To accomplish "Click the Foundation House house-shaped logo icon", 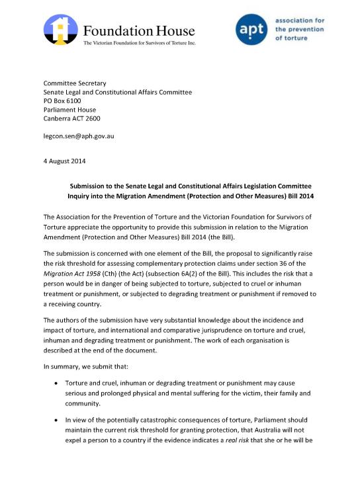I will click(60, 30).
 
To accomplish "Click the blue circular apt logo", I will click(253, 30).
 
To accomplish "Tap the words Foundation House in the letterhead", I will click(138, 31).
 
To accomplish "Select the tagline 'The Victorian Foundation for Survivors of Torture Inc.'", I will click(139, 43).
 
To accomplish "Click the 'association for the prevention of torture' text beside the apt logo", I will click(299, 30).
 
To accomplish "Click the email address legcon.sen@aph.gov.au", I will click(79, 136).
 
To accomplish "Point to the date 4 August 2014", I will click(64, 161).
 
